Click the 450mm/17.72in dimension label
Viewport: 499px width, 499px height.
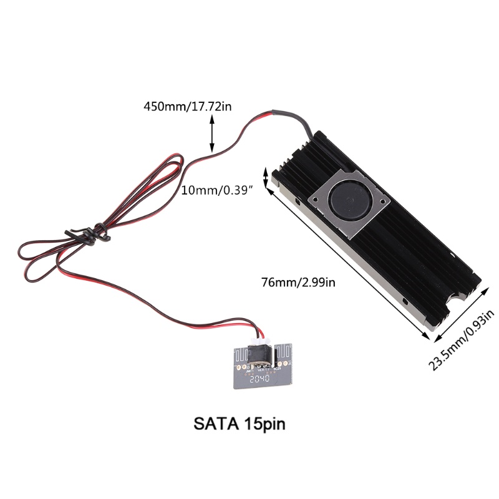pos(188,106)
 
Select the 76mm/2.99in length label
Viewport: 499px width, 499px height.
pos(298,283)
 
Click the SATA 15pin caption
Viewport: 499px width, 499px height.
pos(240,425)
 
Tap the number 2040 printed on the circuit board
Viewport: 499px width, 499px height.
pos(258,378)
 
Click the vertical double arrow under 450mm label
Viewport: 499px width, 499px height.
pos(212,136)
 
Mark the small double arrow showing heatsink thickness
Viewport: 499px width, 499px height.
pos(267,177)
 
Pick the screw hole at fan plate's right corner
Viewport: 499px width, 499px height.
pos(384,201)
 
